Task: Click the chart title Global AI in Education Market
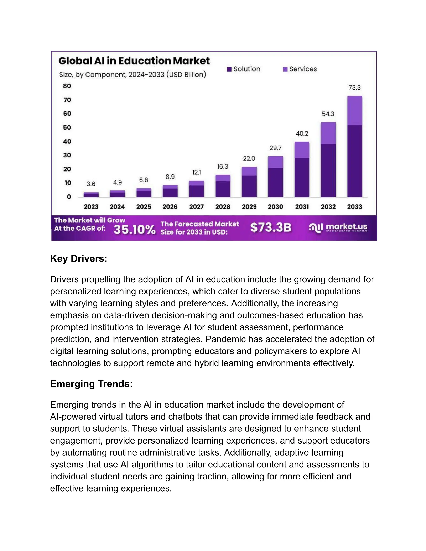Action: pyautogui.click(x=134, y=61)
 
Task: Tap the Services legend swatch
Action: pyautogui.click(x=285, y=69)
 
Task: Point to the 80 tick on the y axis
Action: pyautogui.click(x=67, y=86)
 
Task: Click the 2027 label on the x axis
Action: pyautogui.click(x=196, y=207)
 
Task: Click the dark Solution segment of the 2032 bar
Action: pyautogui.click(x=328, y=170)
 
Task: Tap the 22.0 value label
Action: pyautogui.click(x=249, y=158)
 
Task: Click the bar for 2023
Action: pyautogui.click(x=91, y=195)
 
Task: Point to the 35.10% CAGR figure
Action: pyautogui.click(x=134, y=230)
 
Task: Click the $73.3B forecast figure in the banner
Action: pyautogui.click(x=271, y=227)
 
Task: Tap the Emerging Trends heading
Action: pyautogui.click(x=91, y=384)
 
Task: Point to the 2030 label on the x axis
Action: pyautogui.click(x=275, y=207)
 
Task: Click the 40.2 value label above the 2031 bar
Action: pyautogui.click(x=302, y=133)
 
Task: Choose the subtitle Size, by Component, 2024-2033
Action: pyautogui.click(x=133, y=75)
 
